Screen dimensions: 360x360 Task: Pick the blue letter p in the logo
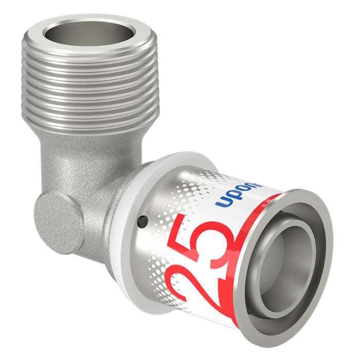[233, 195]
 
